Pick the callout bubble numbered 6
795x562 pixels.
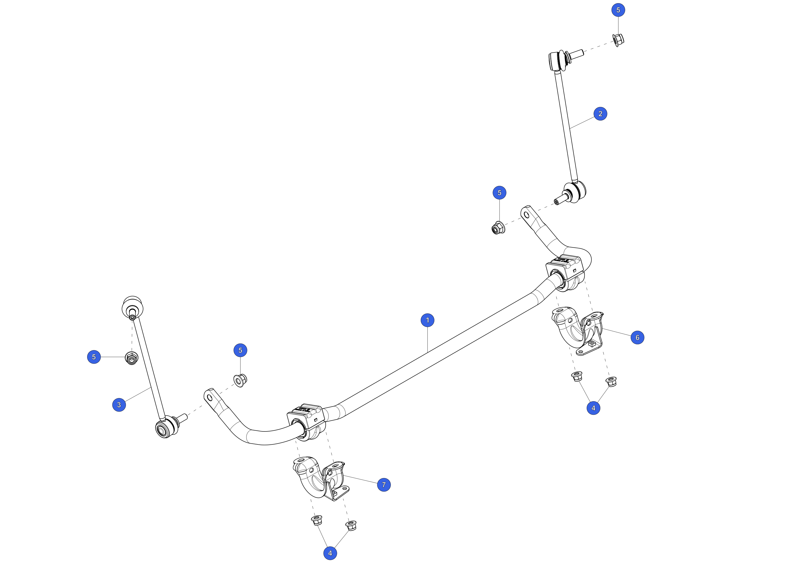tap(637, 337)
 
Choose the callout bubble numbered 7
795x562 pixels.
tap(384, 484)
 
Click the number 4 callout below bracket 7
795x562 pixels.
tap(330, 553)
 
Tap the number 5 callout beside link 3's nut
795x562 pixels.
tap(94, 357)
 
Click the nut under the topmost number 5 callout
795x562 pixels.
tap(618, 40)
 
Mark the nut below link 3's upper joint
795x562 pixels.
tap(132, 358)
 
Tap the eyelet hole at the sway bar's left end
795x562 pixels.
tap(210, 398)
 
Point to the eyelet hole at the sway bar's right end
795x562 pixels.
tap(527, 215)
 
